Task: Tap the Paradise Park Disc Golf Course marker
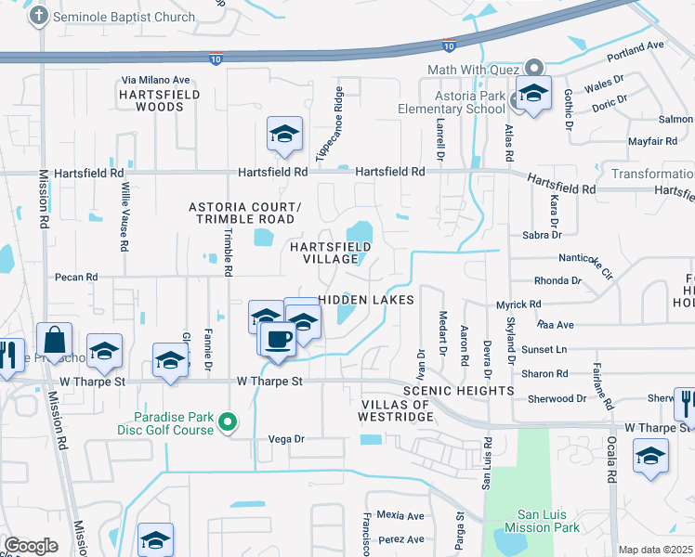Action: [229, 424]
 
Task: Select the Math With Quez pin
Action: [533, 69]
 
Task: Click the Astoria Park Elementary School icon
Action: [533, 95]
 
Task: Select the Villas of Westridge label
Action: [397, 410]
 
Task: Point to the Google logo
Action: [31, 545]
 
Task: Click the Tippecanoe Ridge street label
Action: [331, 125]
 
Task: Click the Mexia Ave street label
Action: [400, 515]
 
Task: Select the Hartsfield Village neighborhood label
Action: [331, 253]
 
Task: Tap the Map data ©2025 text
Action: [656, 550]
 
